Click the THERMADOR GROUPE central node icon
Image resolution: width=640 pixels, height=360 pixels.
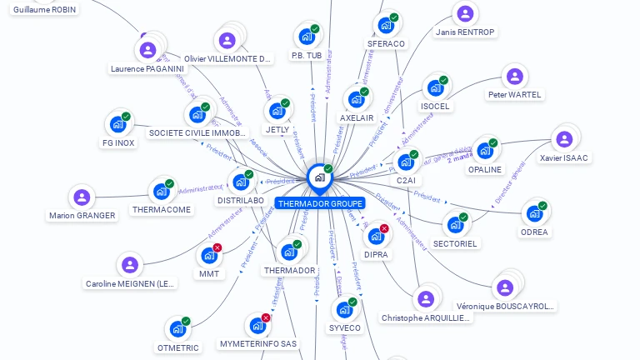[319, 177]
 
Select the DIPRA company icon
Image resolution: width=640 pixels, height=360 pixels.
[375, 237]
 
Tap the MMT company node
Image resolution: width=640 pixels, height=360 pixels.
[208, 256]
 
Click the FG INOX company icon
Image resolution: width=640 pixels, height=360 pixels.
[117, 125]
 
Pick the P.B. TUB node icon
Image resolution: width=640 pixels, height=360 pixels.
[307, 37]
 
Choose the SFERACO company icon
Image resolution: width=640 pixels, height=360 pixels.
[386, 25]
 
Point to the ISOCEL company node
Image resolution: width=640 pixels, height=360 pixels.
[435, 87]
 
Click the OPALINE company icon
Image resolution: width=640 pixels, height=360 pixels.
[484, 151]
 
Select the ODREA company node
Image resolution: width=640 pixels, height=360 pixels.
[534, 213]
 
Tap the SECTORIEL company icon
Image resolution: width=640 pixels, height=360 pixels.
[455, 225]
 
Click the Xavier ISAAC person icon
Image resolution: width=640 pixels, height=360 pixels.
[564, 138]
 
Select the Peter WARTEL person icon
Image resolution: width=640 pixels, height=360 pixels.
[515, 77]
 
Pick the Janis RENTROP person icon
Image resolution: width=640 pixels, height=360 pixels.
[465, 14]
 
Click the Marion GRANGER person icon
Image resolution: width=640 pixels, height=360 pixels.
[82, 197]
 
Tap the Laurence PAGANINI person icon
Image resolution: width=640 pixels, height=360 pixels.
[147, 50]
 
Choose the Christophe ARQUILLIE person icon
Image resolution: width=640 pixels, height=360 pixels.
[426, 299]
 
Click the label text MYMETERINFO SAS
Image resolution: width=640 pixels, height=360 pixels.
[258, 343]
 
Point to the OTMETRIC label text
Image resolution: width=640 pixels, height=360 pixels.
[178, 347]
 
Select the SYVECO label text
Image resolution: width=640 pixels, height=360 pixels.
[345, 328]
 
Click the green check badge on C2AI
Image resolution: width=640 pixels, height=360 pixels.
[414, 155]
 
